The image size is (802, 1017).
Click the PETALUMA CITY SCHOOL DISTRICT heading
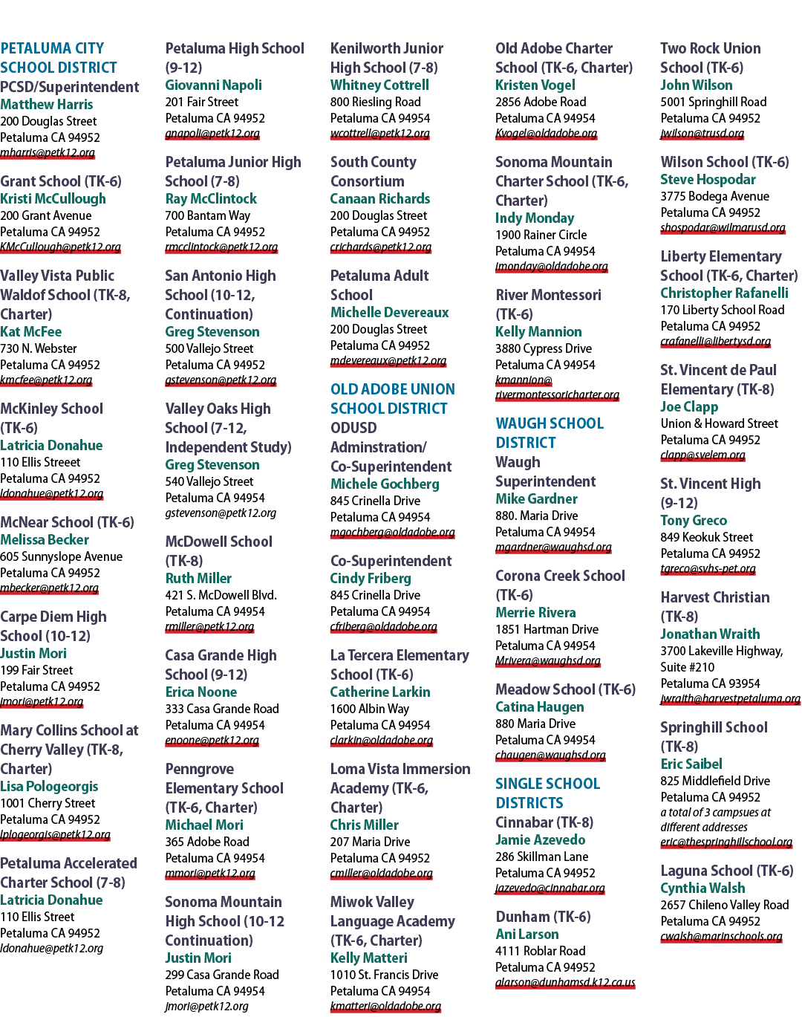tap(59, 58)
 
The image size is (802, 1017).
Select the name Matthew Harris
tap(47, 104)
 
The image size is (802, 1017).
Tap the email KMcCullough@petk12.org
tap(60, 247)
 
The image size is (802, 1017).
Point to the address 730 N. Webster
tap(39, 348)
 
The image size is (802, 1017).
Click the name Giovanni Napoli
tap(214, 85)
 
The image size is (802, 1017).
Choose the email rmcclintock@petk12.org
tap(221, 247)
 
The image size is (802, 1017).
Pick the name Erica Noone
tap(200, 692)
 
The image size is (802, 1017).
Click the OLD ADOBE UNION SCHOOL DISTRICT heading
tap(393, 398)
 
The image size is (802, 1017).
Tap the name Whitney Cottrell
tap(379, 85)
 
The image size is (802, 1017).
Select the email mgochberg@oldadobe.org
tap(392, 533)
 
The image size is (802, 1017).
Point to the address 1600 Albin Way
tap(370, 709)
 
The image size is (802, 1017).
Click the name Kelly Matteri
tap(368, 958)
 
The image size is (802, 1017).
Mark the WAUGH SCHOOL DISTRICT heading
tap(550, 433)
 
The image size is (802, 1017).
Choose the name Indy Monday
tap(535, 218)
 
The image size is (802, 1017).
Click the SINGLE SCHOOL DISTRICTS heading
tap(548, 793)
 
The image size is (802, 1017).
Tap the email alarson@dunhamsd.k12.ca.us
tap(565, 983)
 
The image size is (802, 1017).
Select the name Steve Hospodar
tap(708, 180)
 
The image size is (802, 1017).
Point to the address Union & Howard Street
tap(720, 423)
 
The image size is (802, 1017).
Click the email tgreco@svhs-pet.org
tap(708, 569)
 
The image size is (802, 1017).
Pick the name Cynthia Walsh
tap(702, 888)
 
